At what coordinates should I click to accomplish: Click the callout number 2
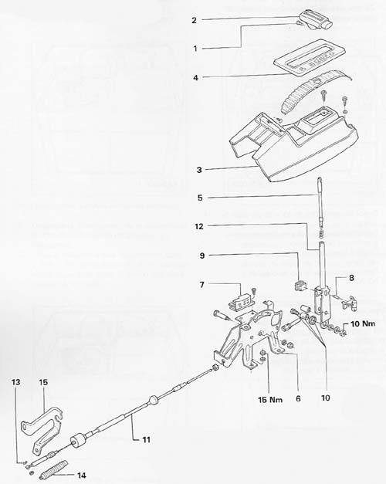click(194, 20)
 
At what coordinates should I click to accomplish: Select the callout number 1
click(195, 49)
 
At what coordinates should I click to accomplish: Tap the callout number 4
click(195, 77)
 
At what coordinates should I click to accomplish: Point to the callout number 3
click(199, 170)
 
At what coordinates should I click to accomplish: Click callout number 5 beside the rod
click(200, 198)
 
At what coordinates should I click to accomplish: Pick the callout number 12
click(199, 226)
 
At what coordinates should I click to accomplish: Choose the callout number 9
click(202, 256)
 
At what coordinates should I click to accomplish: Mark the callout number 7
click(202, 284)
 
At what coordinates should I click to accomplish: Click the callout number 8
click(351, 278)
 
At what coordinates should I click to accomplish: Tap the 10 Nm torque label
click(363, 323)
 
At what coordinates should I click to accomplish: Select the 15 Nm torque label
click(270, 399)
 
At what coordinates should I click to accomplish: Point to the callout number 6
click(298, 398)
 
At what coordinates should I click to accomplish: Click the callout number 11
click(146, 439)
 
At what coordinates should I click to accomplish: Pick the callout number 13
click(16, 382)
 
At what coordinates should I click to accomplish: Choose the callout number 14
click(82, 475)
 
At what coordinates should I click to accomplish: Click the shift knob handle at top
click(315, 19)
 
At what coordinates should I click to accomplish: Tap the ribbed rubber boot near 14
click(54, 467)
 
